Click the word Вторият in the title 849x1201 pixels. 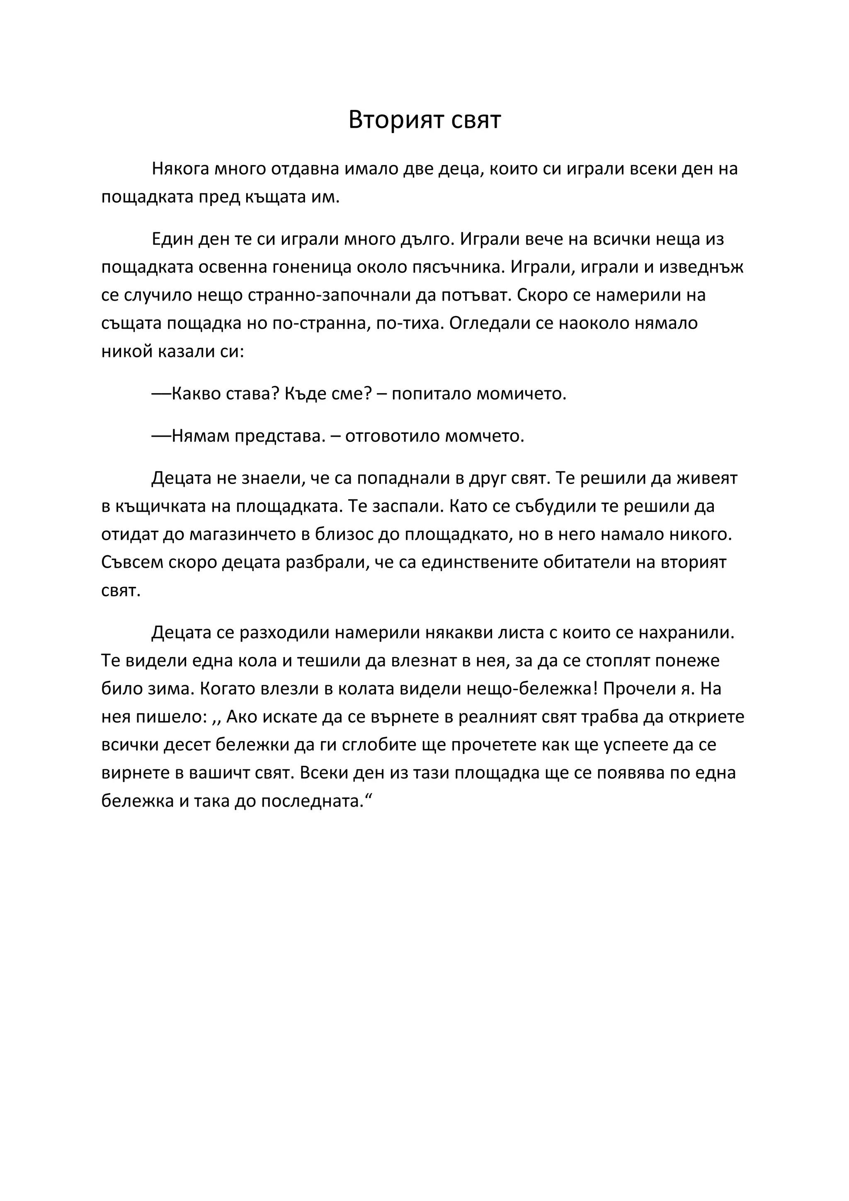[387, 120]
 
